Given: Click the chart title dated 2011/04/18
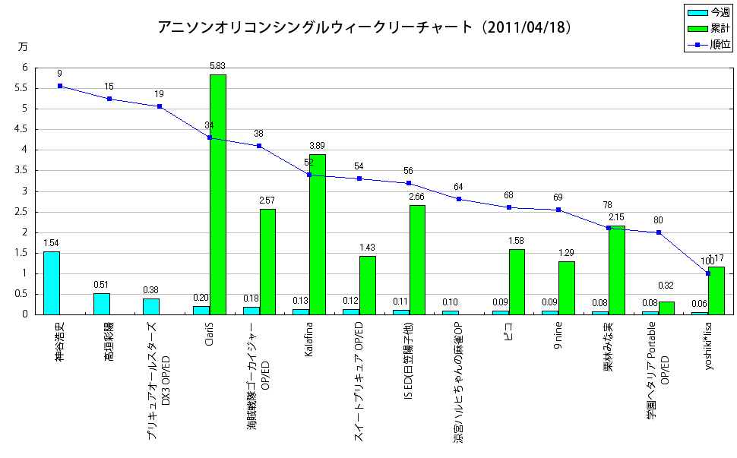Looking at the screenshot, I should click(x=365, y=27).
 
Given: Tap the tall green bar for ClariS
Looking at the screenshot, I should click(x=218, y=194).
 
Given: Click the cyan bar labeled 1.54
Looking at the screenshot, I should click(x=52, y=283).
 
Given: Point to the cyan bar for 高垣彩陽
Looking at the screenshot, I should click(x=102, y=304).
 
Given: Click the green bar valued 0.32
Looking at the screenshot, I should click(x=666, y=308).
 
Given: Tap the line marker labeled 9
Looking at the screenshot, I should click(x=60, y=86).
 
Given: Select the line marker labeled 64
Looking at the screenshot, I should click(x=458, y=199).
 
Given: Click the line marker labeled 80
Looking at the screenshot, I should click(x=658, y=232).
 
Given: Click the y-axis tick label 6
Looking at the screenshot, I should click(x=25, y=68).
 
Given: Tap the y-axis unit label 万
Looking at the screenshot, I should click(x=22, y=46).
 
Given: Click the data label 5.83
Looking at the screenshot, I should click(x=218, y=67).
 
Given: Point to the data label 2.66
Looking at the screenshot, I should click(x=417, y=197).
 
